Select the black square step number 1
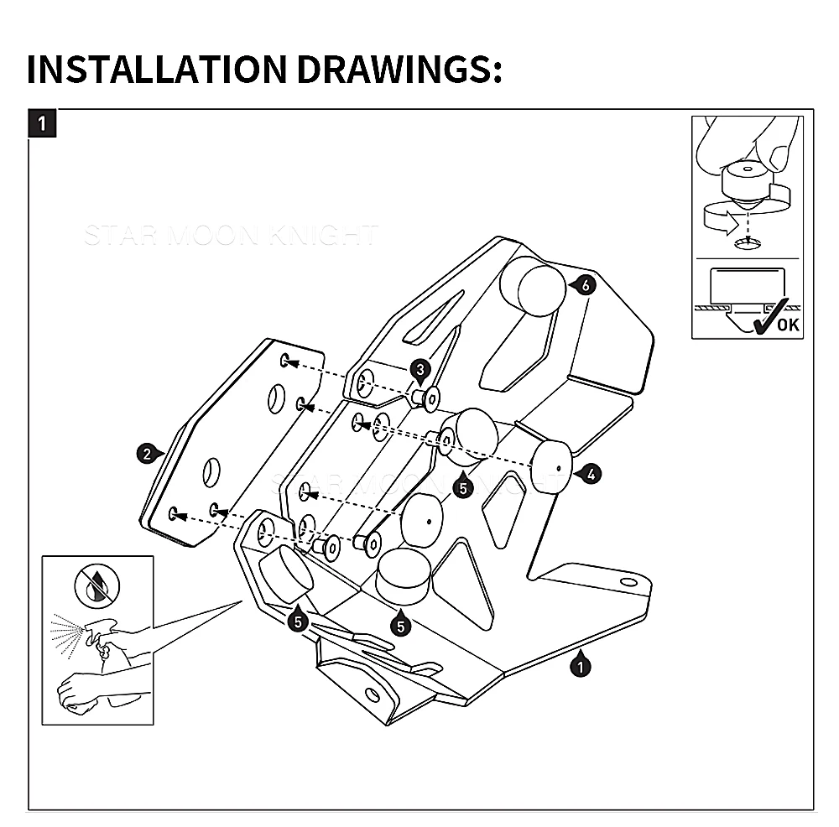tap(44, 124)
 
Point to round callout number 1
tap(579, 667)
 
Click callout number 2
tap(147, 455)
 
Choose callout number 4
tap(591, 474)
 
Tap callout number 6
tap(586, 286)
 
